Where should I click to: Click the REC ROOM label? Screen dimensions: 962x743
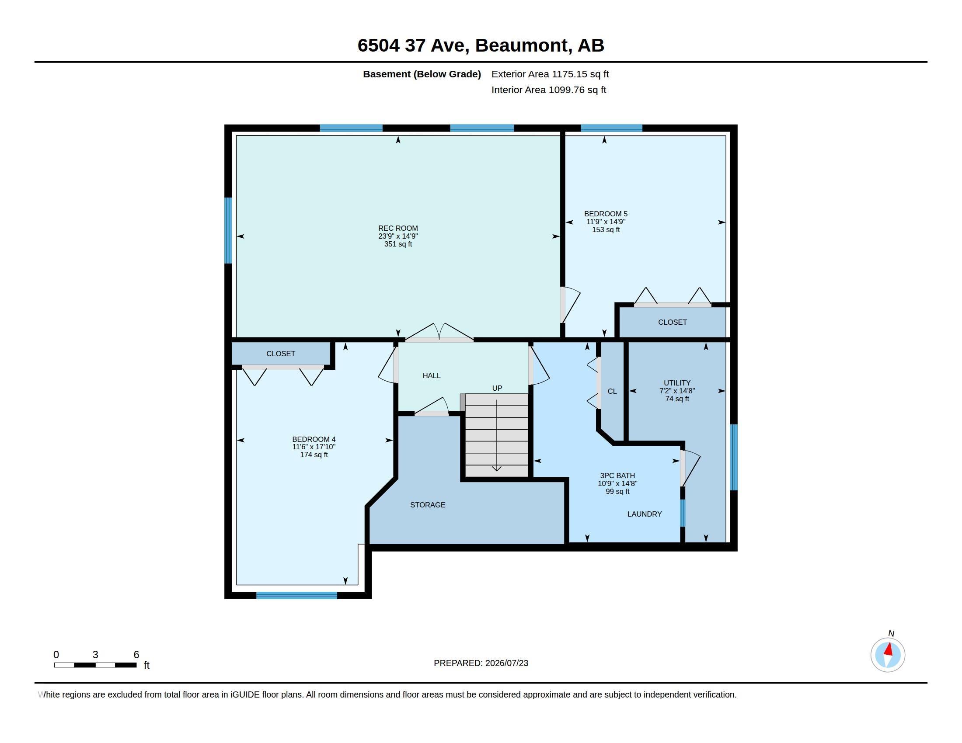[x=398, y=228]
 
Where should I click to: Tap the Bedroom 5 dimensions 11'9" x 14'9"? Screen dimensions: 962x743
[x=606, y=222]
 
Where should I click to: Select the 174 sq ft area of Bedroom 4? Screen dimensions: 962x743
[x=314, y=455]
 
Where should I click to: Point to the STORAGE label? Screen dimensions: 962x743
[x=427, y=505]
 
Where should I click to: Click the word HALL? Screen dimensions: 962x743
[x=431, y=375]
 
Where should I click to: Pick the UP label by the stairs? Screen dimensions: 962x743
[x=497, y=388]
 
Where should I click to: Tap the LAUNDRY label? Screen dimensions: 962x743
[x=645, y=514]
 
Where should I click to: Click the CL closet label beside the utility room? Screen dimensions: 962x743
[x=612, y=391]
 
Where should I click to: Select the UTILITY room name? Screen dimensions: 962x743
[x=677, y=383]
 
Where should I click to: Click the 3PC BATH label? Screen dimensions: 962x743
[x=617, y=476]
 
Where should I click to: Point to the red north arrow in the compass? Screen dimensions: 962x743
[x=889, y=649]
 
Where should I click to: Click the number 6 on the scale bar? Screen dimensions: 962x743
[x=136, y=655]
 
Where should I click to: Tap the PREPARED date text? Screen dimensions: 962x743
[x=481, y=663]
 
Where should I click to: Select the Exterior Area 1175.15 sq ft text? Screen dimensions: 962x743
[x=550, y=74]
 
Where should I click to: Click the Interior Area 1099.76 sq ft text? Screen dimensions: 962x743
[x=548, y=90]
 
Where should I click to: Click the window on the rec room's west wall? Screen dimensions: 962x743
[x=228, y=230]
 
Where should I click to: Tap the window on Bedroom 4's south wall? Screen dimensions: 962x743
[x=296, y=596]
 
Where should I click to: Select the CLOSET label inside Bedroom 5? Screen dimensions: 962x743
[x=672, y=322]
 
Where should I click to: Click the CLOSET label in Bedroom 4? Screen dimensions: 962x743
[x=281, y=354]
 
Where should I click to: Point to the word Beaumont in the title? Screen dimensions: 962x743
[x=521, y=45]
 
